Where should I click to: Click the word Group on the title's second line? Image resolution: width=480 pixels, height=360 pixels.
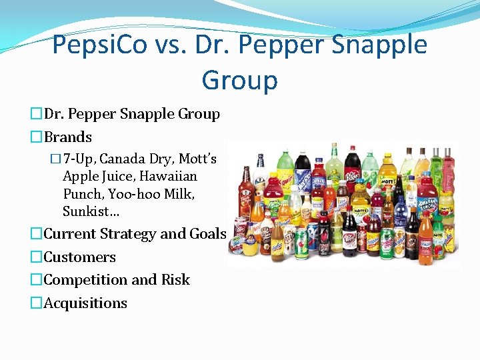tap(239, 80)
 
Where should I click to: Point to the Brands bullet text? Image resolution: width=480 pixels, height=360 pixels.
tap(68, 137)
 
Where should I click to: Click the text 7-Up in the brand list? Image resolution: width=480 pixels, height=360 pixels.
tap(78, 159)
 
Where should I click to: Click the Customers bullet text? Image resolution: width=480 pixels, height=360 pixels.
tap(79, 257)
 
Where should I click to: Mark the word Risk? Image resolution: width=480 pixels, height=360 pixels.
tap(175, 280)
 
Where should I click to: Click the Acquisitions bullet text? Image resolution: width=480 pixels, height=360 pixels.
tap(85, 303)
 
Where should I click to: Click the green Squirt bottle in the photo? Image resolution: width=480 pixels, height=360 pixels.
tap(285, 177)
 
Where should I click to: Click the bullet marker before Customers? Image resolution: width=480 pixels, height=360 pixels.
tap(36, 257)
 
